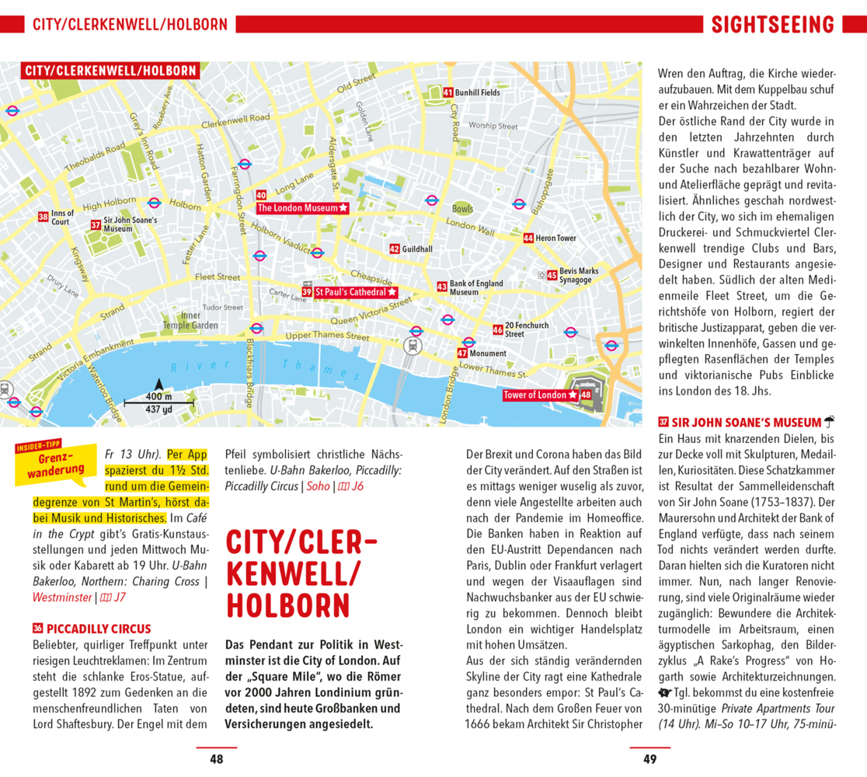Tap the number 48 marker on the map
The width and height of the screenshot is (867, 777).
click(x=586, y=395)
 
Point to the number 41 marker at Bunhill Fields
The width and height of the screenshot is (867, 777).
click(x=448, y=92)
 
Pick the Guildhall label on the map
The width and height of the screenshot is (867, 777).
click(x=417, y=249)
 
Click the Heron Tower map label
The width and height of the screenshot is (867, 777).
click(x=555, y=238)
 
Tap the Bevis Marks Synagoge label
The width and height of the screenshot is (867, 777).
click(x=576, y=275)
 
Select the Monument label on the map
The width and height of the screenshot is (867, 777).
click(x=488, y=354)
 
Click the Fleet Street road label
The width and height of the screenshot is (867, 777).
click(x=218, y=277)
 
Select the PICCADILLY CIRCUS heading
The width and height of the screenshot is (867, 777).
click(x=99, y=629)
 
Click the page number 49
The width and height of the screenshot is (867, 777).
click(x=650, y=759)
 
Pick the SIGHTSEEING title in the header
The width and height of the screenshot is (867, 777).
click(x=773, y=25)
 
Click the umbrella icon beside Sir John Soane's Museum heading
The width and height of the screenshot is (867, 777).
click(x=829, y=422)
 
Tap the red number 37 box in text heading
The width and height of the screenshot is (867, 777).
click(x=663, y=423)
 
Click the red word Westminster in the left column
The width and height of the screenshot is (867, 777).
click(x=61, y=598)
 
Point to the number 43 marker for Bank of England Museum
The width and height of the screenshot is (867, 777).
click(x=442, y=286)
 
